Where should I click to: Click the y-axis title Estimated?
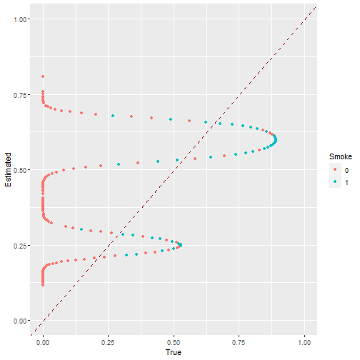[x=8, y=170]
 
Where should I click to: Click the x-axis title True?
[x=174, y=352]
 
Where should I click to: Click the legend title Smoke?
[x=339, y=156]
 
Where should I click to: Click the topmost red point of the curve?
[x=43, y=76]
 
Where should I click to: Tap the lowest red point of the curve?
[x=43, y=284]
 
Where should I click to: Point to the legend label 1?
[x=347, y=182]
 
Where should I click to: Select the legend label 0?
[x=347, y=170]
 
